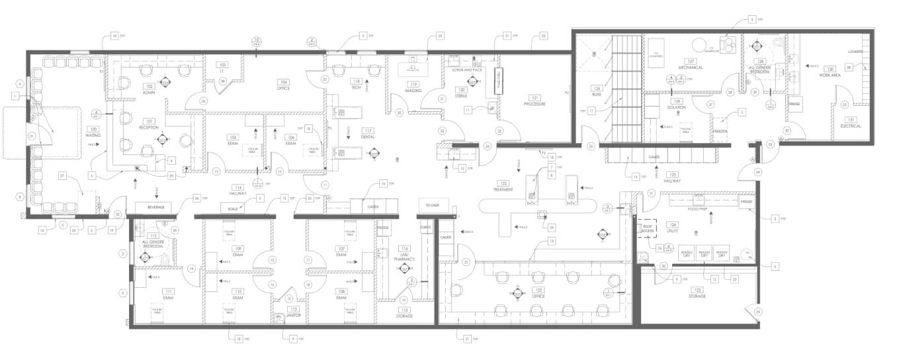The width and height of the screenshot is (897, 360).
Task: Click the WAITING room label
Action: [93, 136]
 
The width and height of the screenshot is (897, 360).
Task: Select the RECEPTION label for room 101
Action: [149, 128]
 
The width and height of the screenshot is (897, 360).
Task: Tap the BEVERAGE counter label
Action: [156, 207]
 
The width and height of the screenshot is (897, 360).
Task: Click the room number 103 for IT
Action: [223, 65]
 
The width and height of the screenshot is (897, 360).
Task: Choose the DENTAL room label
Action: [368, 137]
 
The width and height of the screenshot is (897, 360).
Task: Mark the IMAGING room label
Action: [414, 91]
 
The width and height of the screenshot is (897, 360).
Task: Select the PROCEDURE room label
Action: [534, 104]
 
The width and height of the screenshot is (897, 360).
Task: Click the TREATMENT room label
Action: [503, 190]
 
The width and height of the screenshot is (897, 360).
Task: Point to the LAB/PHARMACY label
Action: [404, 257]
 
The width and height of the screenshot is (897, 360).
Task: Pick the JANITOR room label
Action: [293, 316]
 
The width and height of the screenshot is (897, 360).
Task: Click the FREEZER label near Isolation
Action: [720, 131]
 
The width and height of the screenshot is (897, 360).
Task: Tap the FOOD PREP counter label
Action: [698, 208]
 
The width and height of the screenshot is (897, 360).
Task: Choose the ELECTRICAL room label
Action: [851, 126]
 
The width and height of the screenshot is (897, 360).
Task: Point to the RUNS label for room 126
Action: [596, 95]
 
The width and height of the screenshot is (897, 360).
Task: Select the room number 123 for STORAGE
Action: [696, 290]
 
